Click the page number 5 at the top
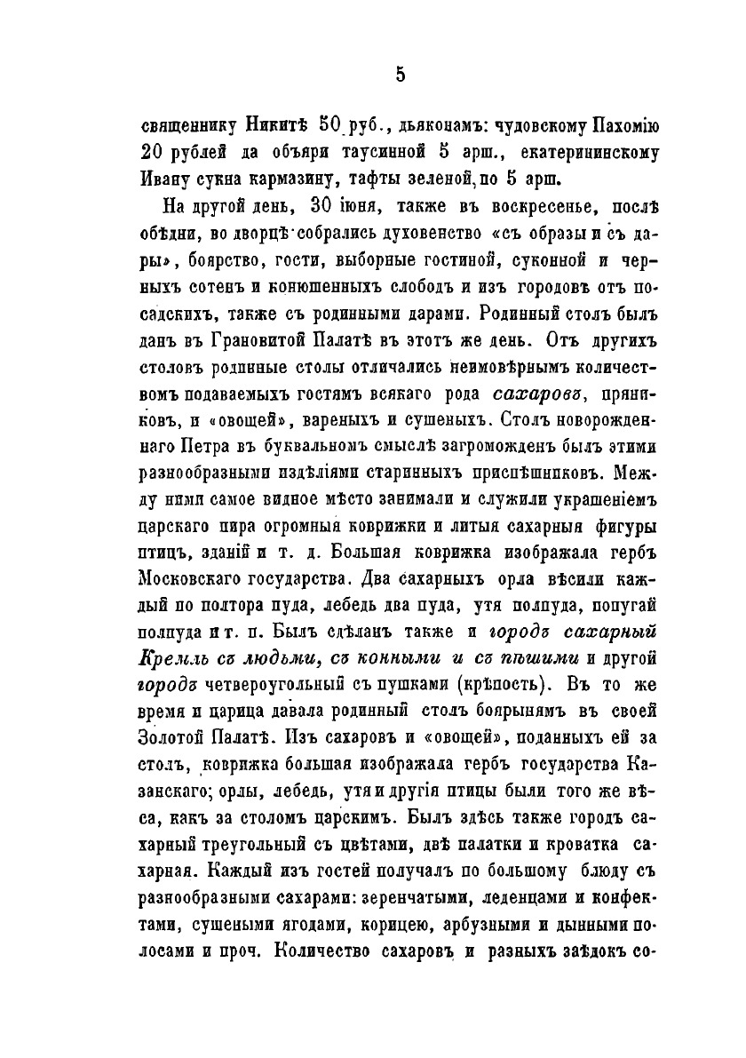point(401,75)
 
